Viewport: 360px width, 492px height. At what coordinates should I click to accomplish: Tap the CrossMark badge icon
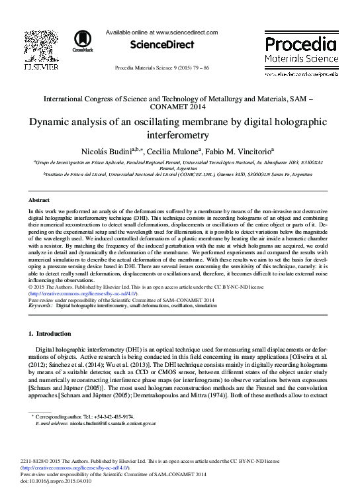point(83,40)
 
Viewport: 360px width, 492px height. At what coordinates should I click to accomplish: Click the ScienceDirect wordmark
point(162,45)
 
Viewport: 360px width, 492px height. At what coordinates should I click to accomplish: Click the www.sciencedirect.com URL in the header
point(187,32)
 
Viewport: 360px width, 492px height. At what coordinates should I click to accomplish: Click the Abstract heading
point(38,199)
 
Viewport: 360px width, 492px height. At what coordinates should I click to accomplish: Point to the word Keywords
point(40,306)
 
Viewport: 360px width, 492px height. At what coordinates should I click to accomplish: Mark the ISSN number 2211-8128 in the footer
point(34,462)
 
